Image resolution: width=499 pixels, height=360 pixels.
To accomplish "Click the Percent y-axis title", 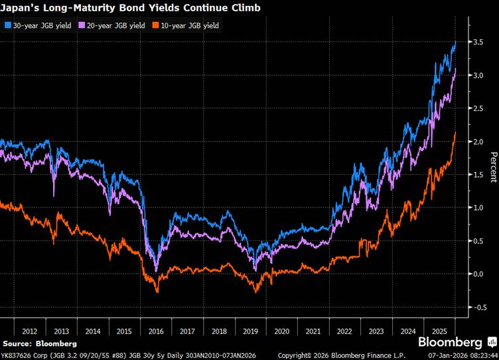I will click(492, 167).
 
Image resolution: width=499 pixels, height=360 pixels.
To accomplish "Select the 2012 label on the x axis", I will click(29, 331).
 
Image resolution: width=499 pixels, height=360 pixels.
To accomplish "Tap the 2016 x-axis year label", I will click(156, 331).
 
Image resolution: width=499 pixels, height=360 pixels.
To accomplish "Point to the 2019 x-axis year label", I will click(251, 331).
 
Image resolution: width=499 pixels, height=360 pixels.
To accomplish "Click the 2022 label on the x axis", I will click(345, 331).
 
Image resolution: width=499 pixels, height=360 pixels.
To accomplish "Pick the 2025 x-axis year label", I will click(439, 331).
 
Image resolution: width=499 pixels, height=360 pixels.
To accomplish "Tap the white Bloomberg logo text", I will click(450, 343).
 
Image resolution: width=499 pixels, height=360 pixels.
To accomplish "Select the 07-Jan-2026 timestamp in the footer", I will click(462, 355).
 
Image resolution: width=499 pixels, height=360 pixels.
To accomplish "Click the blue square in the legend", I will click(7, 25).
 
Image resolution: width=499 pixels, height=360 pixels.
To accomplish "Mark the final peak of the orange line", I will click(455, 132).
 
